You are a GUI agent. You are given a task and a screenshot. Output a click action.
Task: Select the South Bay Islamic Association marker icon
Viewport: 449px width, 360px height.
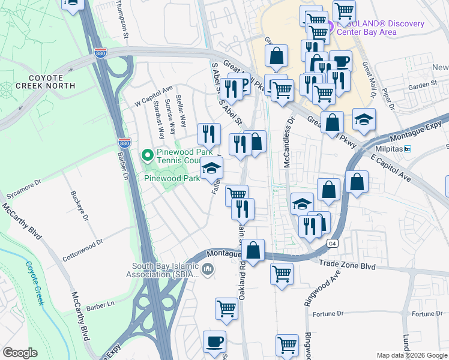208,269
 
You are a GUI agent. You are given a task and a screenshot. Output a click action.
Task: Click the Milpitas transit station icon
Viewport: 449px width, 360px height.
408,149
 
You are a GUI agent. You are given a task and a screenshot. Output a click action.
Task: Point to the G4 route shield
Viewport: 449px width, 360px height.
332,244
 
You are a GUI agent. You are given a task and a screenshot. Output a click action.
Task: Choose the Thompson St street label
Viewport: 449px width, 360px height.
122,18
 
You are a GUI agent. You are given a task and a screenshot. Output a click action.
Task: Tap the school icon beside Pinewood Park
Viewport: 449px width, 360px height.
211,169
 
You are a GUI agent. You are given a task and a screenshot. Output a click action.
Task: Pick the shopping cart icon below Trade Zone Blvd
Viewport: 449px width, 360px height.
282,274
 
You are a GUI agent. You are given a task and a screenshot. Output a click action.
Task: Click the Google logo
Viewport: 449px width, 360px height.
20,353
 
